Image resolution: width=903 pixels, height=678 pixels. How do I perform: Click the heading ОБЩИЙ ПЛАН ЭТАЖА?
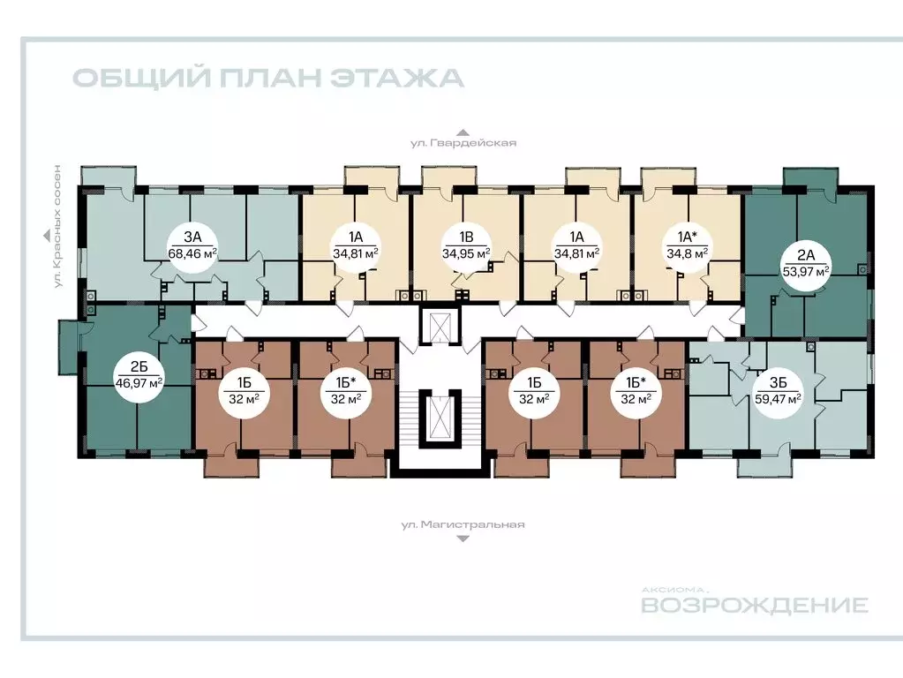(x=267, y=78)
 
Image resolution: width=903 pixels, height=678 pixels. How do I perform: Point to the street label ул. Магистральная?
(x=463, y=524)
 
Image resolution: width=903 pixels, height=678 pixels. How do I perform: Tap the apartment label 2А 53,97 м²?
(x=804, y=262)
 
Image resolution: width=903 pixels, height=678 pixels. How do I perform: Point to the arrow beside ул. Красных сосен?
(x=44, y=235)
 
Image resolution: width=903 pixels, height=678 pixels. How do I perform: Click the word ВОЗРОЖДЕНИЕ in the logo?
(x=754, y=606)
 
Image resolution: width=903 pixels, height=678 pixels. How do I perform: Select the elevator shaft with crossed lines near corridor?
(x=439, y=325)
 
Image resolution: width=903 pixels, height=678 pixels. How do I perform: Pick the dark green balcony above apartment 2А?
(x=809, y=177)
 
